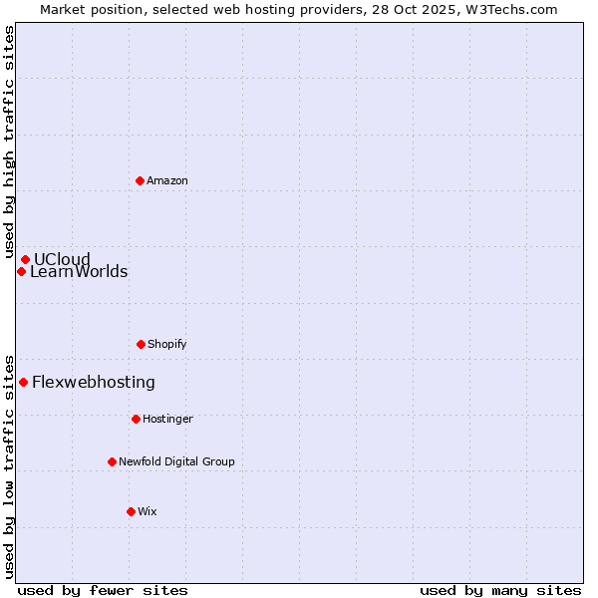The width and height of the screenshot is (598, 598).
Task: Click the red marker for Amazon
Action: coord(140,180)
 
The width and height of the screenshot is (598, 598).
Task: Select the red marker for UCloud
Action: coord(25,260)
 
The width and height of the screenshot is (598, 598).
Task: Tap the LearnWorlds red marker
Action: coord(21,271)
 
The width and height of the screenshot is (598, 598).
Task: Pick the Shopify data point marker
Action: coord(141,344)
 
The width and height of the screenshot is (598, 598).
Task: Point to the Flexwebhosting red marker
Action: coord(23,382)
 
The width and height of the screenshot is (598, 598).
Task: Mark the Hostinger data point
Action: coord(136,419)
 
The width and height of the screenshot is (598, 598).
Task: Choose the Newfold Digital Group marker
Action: coord(112,461)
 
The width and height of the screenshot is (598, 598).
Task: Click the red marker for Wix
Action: coord(131,511)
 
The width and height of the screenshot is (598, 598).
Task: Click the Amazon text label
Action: coord(167,180)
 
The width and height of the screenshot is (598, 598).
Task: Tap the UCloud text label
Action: coord(62,260)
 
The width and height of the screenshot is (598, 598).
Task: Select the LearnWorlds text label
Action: coord(79,272)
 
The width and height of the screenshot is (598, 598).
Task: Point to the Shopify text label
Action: coord(167,344)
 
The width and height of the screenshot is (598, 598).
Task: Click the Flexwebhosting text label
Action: coord(94,382)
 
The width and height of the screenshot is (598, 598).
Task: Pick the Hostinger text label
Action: coord(167,419)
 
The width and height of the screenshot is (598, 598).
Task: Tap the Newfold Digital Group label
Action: coord(176,461)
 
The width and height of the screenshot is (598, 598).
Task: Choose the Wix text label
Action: coord(148,511)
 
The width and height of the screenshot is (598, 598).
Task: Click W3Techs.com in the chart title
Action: coord(509,9)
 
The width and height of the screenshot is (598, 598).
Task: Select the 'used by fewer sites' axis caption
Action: coord(103,590)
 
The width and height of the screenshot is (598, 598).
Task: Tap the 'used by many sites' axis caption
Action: coord(500,590)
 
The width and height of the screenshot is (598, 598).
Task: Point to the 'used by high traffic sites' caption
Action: coord(9,145)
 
